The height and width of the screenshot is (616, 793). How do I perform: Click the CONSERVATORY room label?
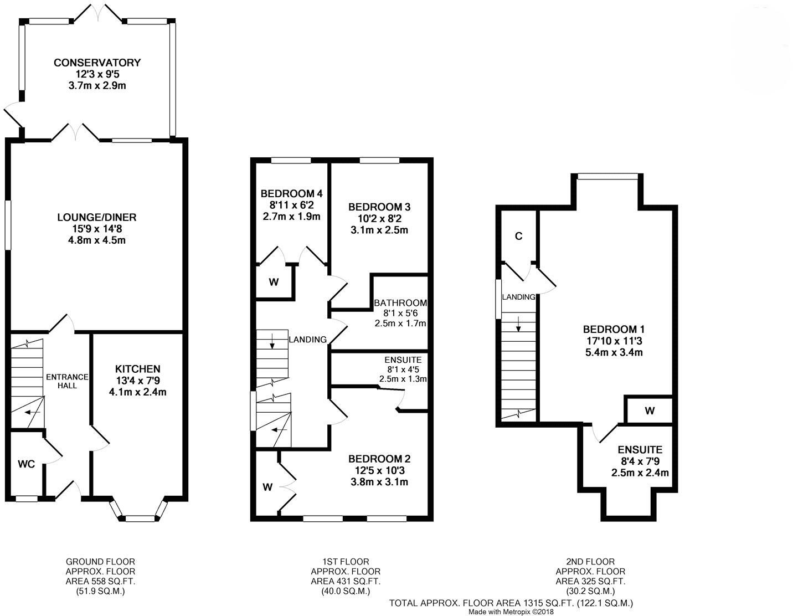(97, 63)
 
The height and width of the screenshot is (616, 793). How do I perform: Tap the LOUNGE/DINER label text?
(96, 217)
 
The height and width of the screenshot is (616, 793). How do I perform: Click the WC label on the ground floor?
(26, 464)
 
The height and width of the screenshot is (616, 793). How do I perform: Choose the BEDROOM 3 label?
(379, 207)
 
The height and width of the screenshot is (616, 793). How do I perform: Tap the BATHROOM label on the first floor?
(400, 303)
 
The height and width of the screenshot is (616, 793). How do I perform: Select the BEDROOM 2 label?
(379, 459)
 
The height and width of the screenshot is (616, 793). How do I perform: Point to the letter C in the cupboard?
(518, 237)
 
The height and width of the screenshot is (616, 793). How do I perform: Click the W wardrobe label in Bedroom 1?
(650, 411)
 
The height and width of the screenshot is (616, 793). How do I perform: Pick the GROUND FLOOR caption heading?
(100, 562)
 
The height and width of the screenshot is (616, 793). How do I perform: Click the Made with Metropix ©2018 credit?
(511, 612)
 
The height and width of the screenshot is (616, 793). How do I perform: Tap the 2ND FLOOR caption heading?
(590, 562)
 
